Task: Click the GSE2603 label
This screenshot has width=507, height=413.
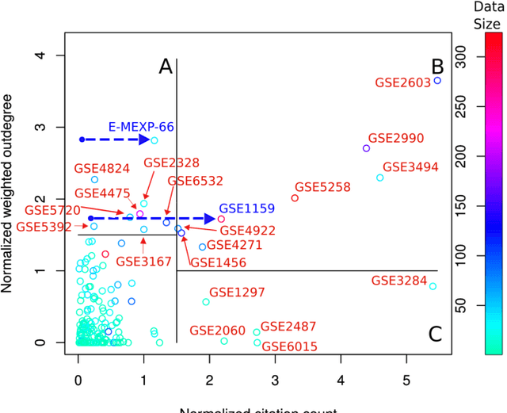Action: tap(402, 82)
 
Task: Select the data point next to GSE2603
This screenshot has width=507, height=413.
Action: tap(438, 81)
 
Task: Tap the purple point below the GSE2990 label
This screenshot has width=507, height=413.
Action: tap(366, 148)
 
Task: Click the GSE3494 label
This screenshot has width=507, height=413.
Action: tap(410, 167)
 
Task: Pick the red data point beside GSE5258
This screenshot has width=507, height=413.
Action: tap(295, 198)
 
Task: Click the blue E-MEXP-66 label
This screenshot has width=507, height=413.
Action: tap(141, 127)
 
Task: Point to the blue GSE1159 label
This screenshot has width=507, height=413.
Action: tap(246, 208)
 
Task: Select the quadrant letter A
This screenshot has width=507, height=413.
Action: tap(166, 67)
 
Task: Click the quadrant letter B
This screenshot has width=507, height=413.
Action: tap(436, 67)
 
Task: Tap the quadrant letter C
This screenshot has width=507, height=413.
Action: tap(435, 334)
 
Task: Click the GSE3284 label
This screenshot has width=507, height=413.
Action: tap(398, 281)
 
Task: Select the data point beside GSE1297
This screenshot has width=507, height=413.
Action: tap(206, 302)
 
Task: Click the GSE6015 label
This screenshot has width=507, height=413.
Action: tap(289, 346)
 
